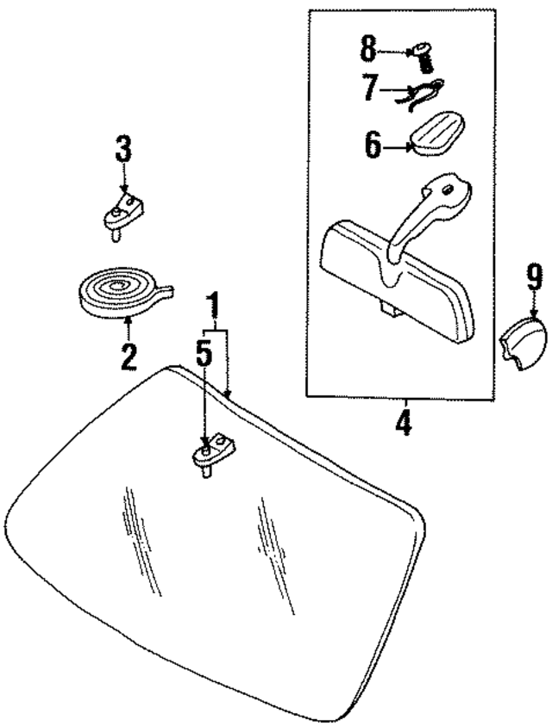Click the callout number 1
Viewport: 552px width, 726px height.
pyautogui.click(x=212, y=306)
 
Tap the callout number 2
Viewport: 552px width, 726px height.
pyautogui.click(x=129, y=356)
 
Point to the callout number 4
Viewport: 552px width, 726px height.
pyautogui.click(x=403, y=423)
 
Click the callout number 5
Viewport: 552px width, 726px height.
pyautogui.click(x=204, y=355)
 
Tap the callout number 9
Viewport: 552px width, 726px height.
pyautogui.click(x=533, y=277)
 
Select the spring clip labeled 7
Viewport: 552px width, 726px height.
pyautogui.click(x=420, y=93)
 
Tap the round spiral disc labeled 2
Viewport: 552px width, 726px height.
pyautogui.click(x=119, y=291)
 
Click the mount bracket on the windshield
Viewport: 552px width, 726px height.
pyautogui.click(x=210, y=454)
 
